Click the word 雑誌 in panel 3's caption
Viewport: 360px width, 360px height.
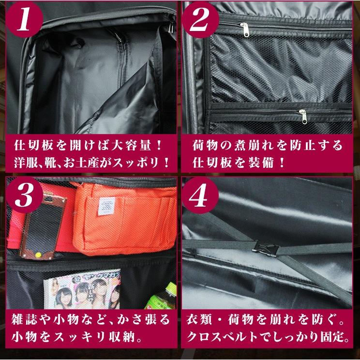pyautogui.click(x=25, y=321)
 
